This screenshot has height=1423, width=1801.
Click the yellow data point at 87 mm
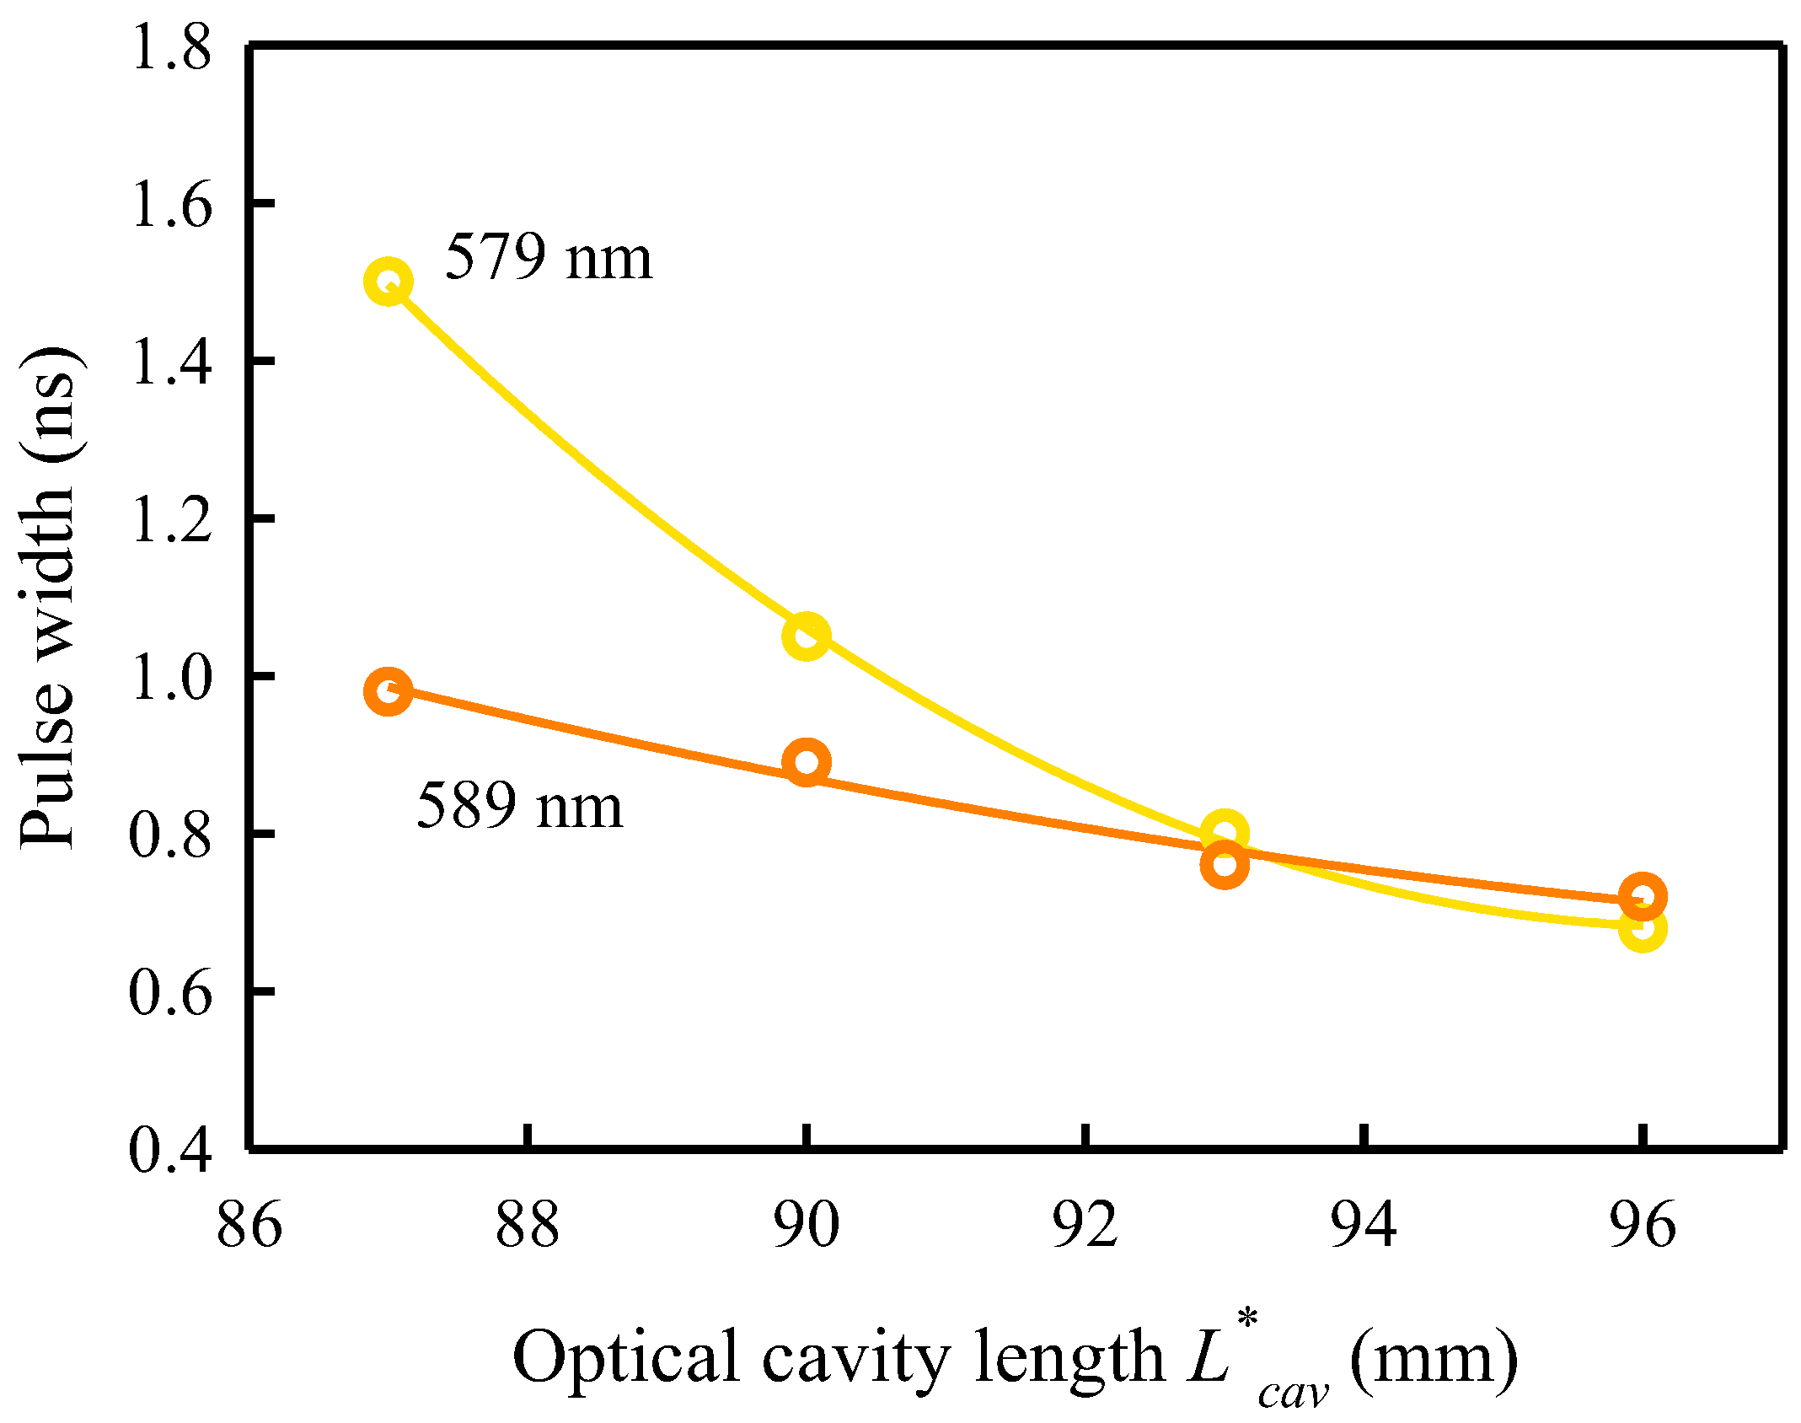[388, 282]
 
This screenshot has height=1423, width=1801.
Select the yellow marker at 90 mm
[806, 636]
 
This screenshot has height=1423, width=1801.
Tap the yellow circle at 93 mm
[1224, 833]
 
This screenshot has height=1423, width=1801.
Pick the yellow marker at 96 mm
[1642, 929]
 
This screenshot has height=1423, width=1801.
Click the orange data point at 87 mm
[388, 691]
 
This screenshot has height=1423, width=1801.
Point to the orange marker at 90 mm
[806, 762]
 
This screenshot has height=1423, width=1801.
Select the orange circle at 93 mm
[1224, 865]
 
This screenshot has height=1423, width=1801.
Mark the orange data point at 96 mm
[1642, 897]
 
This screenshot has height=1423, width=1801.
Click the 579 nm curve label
[549, 257]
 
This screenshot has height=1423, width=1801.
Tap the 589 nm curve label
[520, 806]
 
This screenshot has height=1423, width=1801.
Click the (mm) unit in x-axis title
[1434, 1358]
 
